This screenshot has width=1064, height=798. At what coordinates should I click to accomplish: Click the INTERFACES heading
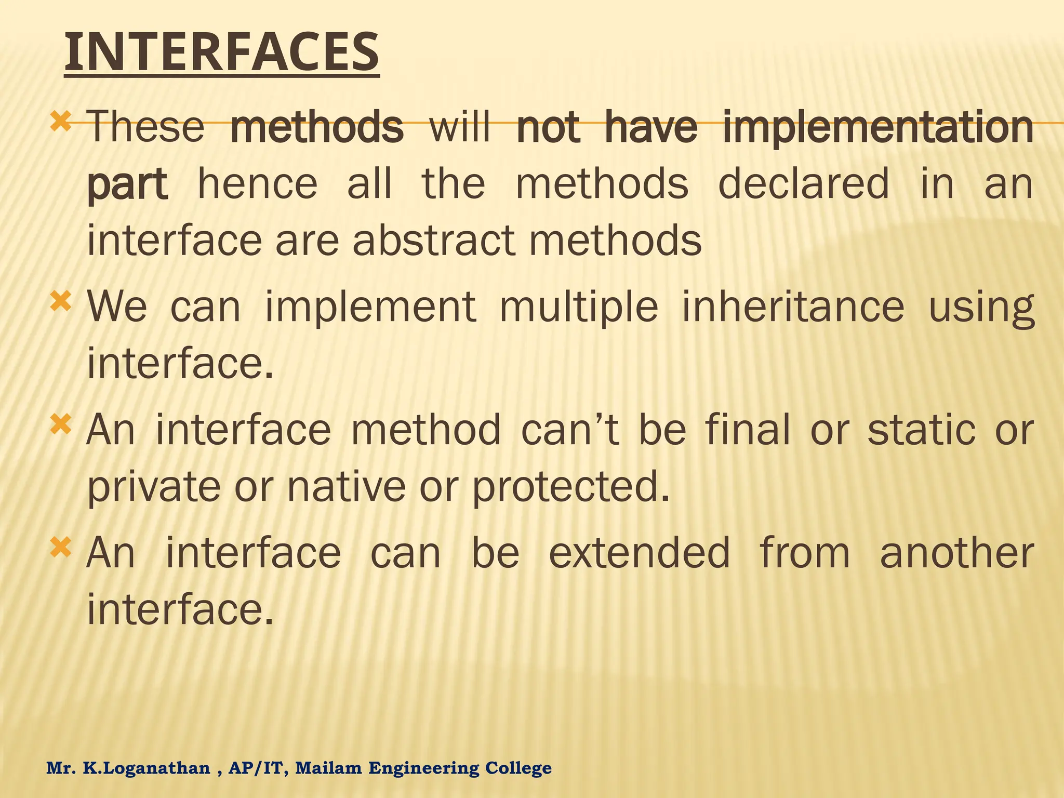[x=222, y=52]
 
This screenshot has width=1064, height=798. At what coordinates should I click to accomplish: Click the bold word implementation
[x=878, y=128]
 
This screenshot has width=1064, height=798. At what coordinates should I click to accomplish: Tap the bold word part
[x=127, y=185]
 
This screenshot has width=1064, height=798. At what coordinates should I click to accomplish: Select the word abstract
[x=434, y=241]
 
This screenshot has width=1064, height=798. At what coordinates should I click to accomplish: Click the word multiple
[x=579, y=307]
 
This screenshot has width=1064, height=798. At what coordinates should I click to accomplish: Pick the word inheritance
[x=793, y=307]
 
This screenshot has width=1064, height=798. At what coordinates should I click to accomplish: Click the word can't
[x=570, y=430]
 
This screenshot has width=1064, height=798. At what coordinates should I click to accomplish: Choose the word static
[x=921, y=430]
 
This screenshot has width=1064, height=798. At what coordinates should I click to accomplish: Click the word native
[x=346, y=487]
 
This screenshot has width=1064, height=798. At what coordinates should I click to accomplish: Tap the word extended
[x=639, y=553]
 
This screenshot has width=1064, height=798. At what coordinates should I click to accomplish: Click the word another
[x=956, y=553]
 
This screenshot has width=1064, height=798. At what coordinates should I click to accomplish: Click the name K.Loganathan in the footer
[x=147, y=768]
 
